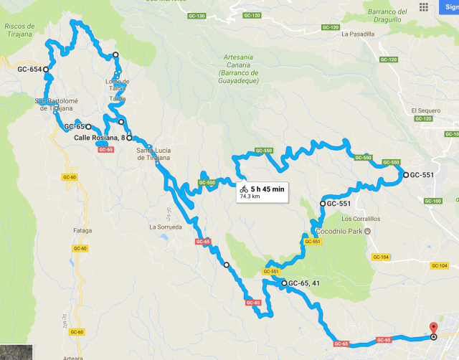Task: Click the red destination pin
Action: (x=433, y=329)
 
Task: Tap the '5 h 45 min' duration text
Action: (x=268, y=189)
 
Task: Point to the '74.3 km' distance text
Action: (x=250, y=196)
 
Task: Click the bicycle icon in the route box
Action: (x=245, y=189)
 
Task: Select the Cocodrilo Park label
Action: (x=337, y=231)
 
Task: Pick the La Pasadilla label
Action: (x=358, y=34)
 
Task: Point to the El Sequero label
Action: (x=425, y=110)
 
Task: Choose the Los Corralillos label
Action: (x=340, y=219)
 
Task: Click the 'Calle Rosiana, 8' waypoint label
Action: (x=100, y=138)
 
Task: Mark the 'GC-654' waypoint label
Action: (x=29, y=70)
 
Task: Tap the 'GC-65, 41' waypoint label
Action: (x=303, y=283)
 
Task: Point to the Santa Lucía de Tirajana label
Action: (x=154, y=153)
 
